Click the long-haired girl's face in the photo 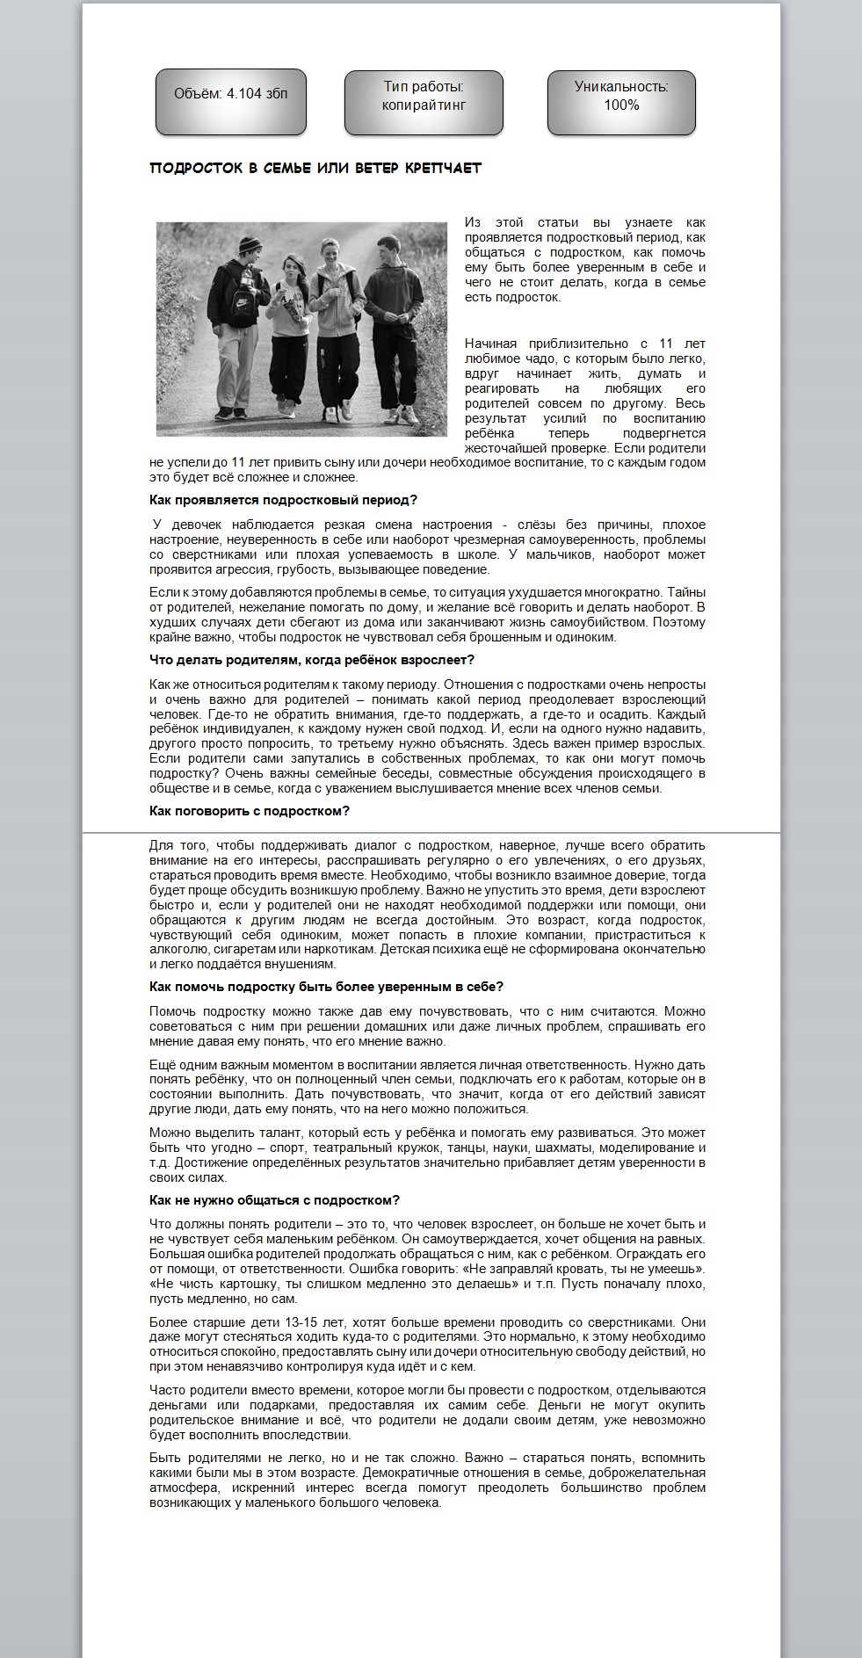[x=291, y=270]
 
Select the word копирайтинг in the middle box [x=424, y=105]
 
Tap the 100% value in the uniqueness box [x=621, y=105]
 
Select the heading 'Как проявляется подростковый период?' [x=283, y=500]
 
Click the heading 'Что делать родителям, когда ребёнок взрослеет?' [x=312, y=660]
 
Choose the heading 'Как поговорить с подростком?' [x=250, y=811]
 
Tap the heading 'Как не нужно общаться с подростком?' [x=274, y=1200]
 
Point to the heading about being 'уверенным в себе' [x=326, y=987]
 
